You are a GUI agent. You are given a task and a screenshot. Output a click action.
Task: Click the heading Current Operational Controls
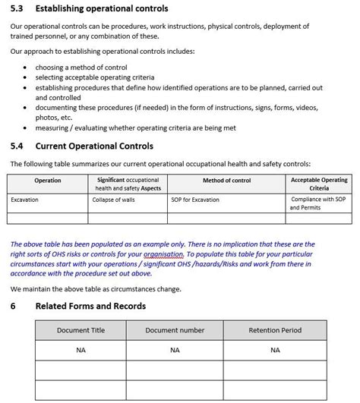94,146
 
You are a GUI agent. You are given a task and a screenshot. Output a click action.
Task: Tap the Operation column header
48,181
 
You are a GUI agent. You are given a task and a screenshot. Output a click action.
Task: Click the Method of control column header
226,181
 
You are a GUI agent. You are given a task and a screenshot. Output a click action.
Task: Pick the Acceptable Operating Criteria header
319,184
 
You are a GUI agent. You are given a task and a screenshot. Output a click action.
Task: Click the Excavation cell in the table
24,200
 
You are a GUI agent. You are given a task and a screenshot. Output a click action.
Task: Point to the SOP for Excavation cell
196,200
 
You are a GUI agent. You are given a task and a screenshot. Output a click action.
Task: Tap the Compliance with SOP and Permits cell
319,203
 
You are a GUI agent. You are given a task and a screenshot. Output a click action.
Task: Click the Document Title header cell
81,331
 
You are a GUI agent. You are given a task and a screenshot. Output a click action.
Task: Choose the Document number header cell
175,331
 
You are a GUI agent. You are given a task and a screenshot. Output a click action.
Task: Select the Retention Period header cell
275,331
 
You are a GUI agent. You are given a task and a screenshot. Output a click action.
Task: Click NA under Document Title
81,350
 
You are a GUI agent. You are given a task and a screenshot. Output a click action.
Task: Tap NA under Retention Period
275,350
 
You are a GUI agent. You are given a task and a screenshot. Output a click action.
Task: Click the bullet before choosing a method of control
27,67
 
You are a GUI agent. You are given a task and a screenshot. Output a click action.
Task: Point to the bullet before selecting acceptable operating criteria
27,77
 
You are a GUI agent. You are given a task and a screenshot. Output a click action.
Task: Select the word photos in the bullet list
47,118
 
